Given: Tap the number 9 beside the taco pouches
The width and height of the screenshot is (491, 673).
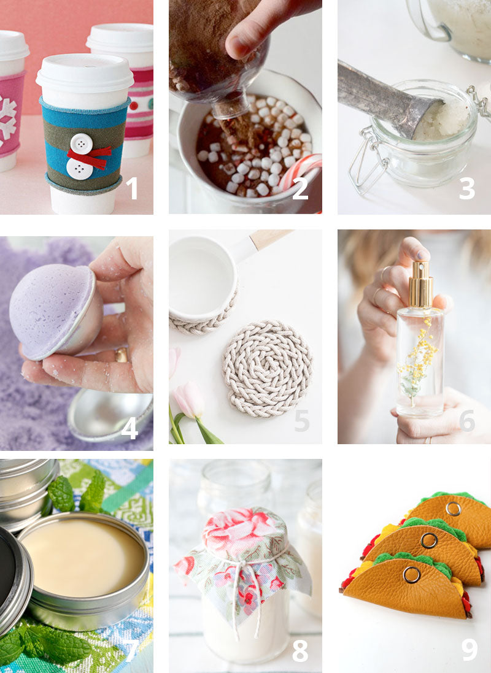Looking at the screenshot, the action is pyautogui.click(x=470, y=649).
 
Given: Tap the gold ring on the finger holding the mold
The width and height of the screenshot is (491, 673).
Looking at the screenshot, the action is pyautogui.click(x=122, y=355).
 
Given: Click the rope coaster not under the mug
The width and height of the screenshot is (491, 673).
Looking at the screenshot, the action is pyautogui.click(x=267, y=368).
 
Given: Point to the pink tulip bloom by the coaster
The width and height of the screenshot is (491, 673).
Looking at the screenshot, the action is pyautogui.click(x=189, y=399).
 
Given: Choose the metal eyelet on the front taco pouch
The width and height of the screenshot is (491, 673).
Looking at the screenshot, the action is pyautogui.click(x=412, y=575).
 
